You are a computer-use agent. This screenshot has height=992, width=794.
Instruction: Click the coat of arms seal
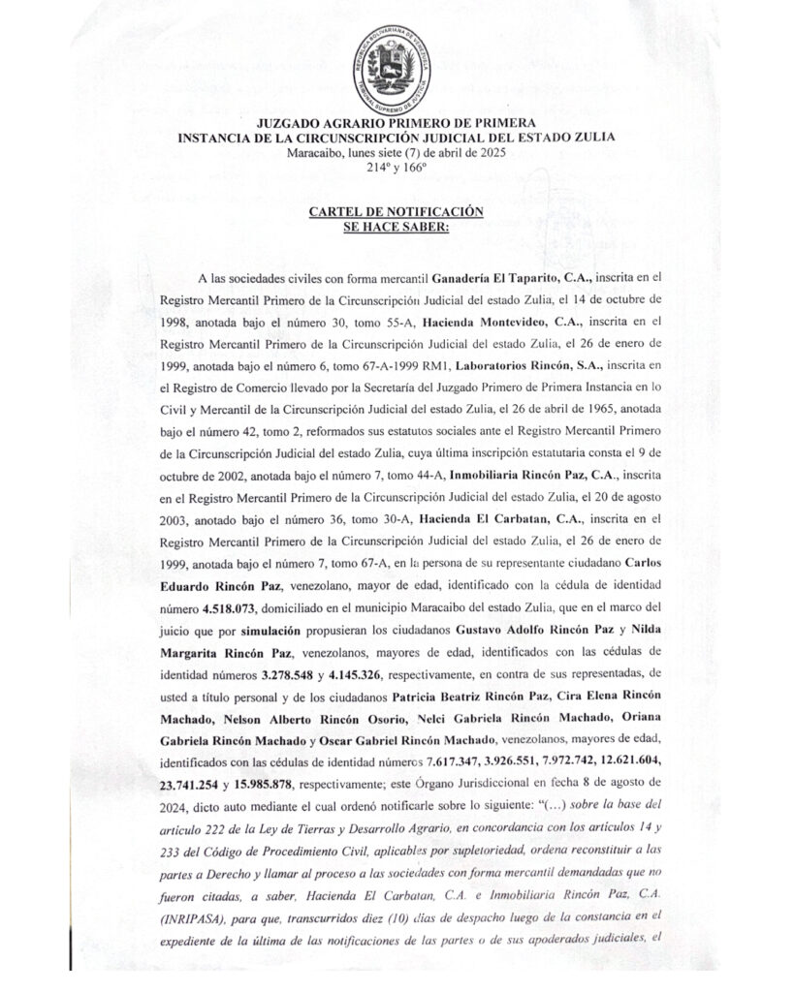pyautogui.click(x=396, y=67)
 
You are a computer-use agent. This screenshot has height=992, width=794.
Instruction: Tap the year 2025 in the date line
pyautogui.click(x=490, y=152)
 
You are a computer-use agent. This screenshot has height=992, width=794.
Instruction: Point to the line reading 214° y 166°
pyautogui.click(x=396, y=167)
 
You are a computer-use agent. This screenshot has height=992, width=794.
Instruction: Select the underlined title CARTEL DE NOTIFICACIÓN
pyautogui.click(x=396, y=211)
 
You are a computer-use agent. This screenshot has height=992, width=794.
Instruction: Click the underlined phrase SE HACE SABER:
pyautogui.click(x=396, y=226)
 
